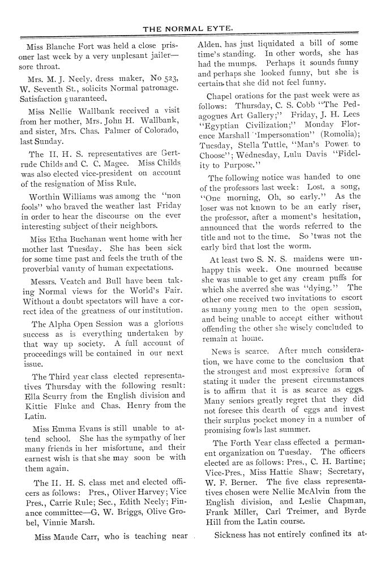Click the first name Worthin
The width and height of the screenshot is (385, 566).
pos(45,198)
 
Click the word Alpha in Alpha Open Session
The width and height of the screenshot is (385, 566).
pos(62,325)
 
